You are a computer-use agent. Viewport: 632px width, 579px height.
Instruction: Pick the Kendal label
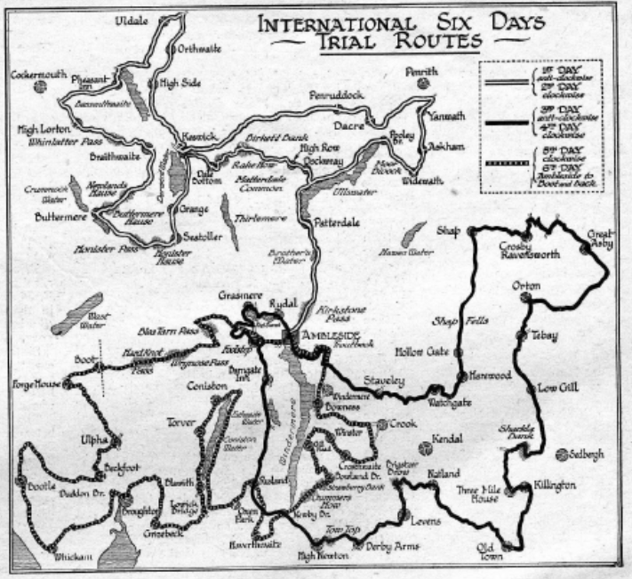coord(447,438)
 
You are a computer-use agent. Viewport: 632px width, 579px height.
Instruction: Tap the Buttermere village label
coord(60,216)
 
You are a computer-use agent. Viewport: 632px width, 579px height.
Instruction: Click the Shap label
coord(447,230)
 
